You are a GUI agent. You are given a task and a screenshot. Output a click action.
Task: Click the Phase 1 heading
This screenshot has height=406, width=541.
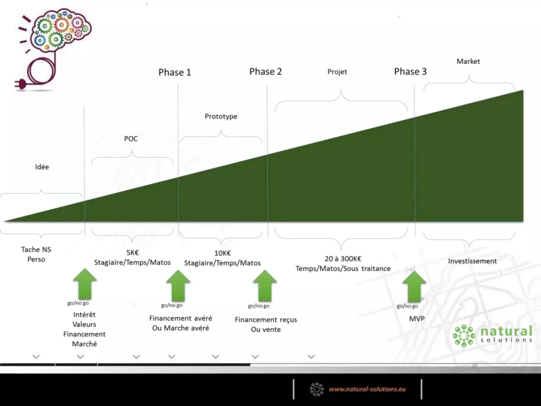pos(175,72)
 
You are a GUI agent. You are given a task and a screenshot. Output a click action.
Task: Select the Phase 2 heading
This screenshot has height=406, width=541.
pos(265,72)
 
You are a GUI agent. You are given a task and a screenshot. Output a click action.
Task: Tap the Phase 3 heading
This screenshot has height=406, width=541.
pos(410,72)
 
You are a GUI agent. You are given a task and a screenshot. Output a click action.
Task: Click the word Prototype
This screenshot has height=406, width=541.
pos(221,117)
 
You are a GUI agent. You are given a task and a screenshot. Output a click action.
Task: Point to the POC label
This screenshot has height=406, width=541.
pos(131,139)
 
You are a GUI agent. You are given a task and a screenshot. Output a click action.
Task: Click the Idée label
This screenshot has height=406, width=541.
pos(42,167)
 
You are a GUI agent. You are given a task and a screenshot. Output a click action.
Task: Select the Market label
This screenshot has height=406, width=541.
pos(468,62)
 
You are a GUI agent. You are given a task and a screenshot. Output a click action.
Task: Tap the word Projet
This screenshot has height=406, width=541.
pos(337,72)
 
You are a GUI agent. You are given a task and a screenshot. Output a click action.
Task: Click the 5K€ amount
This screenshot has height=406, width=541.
pos(132,253)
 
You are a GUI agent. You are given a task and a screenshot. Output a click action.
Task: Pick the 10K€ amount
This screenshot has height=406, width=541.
pos(222,253)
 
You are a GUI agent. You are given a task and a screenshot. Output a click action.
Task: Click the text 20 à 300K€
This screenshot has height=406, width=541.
pos(343,259)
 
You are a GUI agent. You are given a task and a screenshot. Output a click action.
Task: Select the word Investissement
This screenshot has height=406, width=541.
pos(472,261)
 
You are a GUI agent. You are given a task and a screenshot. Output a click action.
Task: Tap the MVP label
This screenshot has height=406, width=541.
pos(417,319)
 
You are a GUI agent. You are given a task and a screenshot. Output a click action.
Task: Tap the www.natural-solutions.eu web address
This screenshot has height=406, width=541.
pos(367,389)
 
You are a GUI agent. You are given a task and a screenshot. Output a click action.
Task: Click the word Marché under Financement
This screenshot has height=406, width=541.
pos(85,344)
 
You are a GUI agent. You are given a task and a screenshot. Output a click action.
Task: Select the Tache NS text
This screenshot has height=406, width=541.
pos(36,250)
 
